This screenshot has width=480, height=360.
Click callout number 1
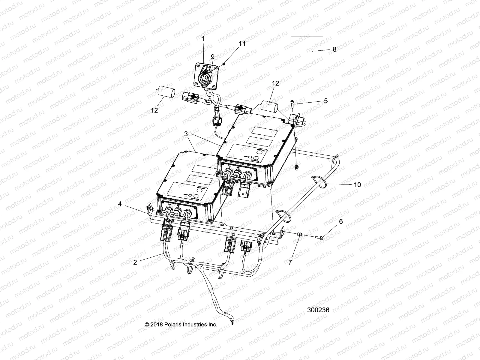click(x=203, y=38)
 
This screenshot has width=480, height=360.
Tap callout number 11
click(x=242, y=43)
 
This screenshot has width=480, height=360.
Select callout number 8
click(x=335, y=49)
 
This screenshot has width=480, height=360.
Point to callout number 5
click(x=326, y=101)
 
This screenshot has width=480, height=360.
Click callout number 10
click(x=357, y=185)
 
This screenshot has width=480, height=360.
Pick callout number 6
click(x=341, y=221)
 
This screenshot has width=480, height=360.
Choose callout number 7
click(x=290, y=262)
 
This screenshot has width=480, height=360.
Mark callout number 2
click(x=135, y=262)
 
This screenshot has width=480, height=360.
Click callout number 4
click(x=120, y=204)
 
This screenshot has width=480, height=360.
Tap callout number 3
click(x=186, y=134)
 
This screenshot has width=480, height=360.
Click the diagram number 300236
click(x=318, y=310)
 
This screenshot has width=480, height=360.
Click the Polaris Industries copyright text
click(x=181, y=325)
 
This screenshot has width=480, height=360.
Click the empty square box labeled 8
click(x=306, y=53)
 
